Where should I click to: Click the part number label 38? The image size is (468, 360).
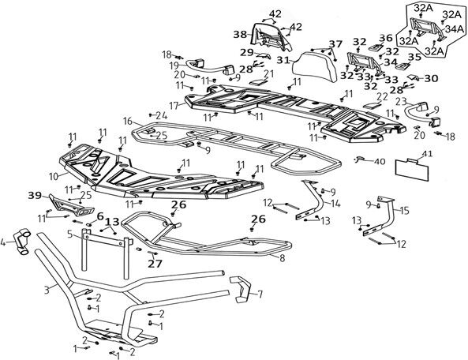[x=240, y=35]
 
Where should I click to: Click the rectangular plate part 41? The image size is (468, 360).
[x=413, y=171]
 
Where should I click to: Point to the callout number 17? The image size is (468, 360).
[x=174, y=106]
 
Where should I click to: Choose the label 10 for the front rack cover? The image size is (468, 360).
[x=54, y=176]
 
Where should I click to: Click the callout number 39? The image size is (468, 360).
[x=35, y=196]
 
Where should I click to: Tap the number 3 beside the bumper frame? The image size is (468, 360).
[x=47, y=290]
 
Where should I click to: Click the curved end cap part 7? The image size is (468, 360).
[x=243, y=289]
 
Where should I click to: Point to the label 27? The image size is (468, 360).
[x=155, y=264]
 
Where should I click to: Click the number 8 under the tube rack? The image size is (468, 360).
[x=282, y=258]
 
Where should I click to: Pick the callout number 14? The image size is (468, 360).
[x=335, y=204]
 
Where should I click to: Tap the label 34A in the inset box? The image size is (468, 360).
[x=455, y=29]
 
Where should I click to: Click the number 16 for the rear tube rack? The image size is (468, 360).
[x=127, y=122]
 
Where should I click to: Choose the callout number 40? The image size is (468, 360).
[x=380, y=162]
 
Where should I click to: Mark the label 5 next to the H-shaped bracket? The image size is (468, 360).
[x=69, y=234]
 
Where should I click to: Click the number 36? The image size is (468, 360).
[x=386, y=39]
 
